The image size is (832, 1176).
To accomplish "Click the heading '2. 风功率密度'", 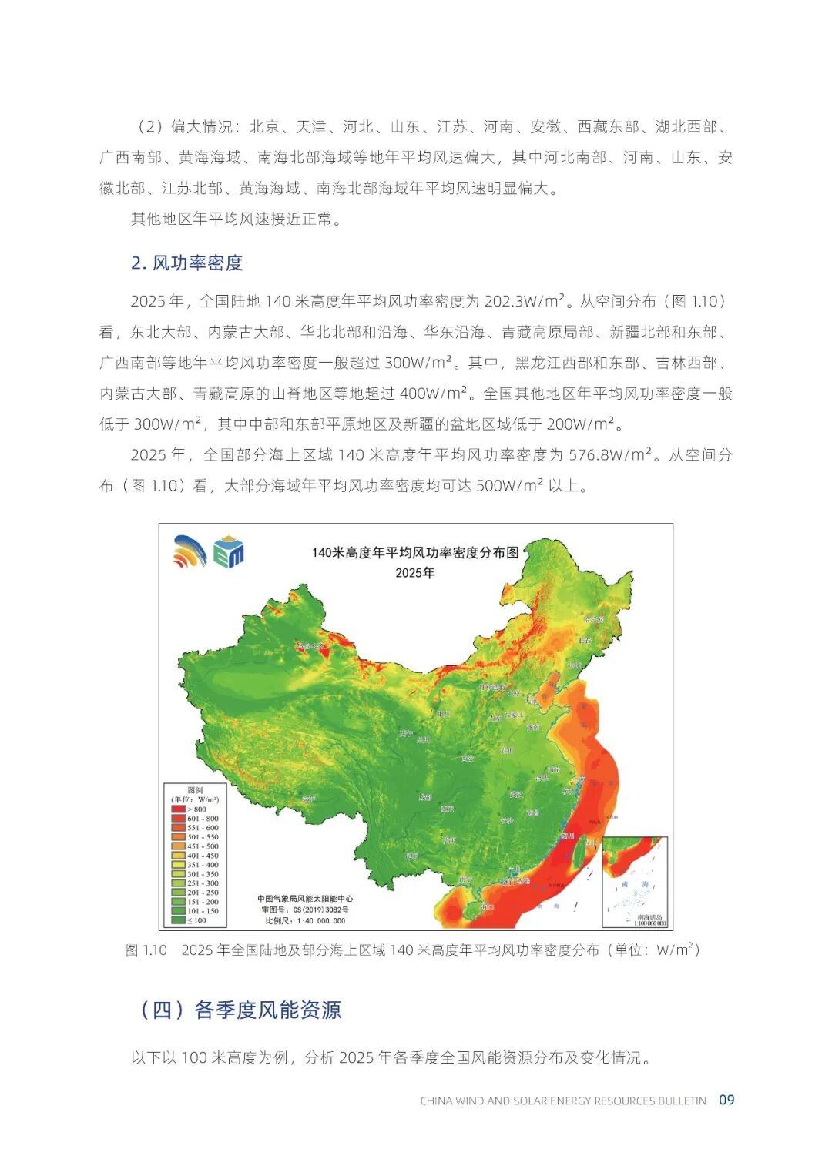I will coord(186,263).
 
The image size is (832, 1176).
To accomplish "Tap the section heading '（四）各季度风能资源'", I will coord(240,1010).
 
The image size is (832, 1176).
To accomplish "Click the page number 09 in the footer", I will coord(726,1100).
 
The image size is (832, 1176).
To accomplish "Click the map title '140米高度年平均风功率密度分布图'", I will coord(415,553).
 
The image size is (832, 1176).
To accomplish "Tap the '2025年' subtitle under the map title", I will coord(415,573).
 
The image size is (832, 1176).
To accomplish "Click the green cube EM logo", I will coord(229,551).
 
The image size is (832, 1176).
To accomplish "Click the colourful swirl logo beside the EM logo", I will coord(190,551).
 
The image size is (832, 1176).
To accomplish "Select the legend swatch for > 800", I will coord(178,809).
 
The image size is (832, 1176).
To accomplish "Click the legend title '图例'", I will coord(195,790).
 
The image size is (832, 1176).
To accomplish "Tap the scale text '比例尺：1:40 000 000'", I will coord(305,920).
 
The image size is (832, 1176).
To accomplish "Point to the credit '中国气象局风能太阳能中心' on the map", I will coord(305,899).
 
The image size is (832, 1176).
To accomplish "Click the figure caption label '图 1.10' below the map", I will coord(146,950).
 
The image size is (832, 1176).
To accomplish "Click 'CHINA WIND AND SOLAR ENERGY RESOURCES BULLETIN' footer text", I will coord(562,1101).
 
